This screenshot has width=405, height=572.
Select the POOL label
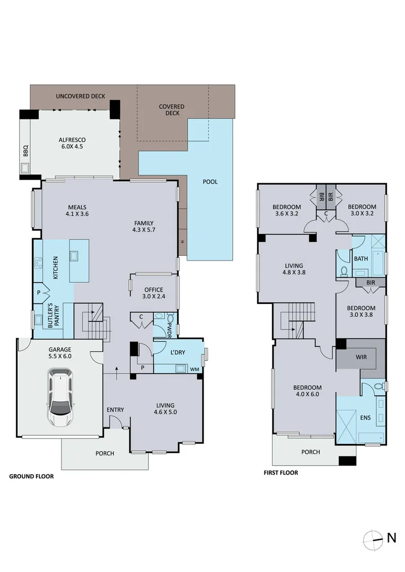[x=210, y=182]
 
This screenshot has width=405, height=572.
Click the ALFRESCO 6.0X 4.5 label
[x=73, y=144]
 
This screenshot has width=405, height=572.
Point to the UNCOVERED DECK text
[x=81, y=96]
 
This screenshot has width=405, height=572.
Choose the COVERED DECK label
[x=172, y=110]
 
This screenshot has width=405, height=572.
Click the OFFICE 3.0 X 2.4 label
[x=155, y=293]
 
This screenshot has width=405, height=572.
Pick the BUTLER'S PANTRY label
[x=53, y=319]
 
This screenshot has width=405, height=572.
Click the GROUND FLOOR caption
[x=31, y=476]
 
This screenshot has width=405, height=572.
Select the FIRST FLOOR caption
[x=281, y=472]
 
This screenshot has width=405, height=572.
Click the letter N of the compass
[x=392, y=538]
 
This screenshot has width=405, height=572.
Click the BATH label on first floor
[x=361, y=259]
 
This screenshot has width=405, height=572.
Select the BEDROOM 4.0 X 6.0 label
[x=307, y=391]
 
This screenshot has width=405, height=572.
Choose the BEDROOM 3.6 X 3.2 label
[x=287, y=210]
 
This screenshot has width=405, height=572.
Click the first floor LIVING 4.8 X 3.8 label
[x=294, y=269]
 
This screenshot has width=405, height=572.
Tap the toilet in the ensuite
[x=377, y=387]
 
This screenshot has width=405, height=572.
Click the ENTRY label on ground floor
[x=115, y=410]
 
